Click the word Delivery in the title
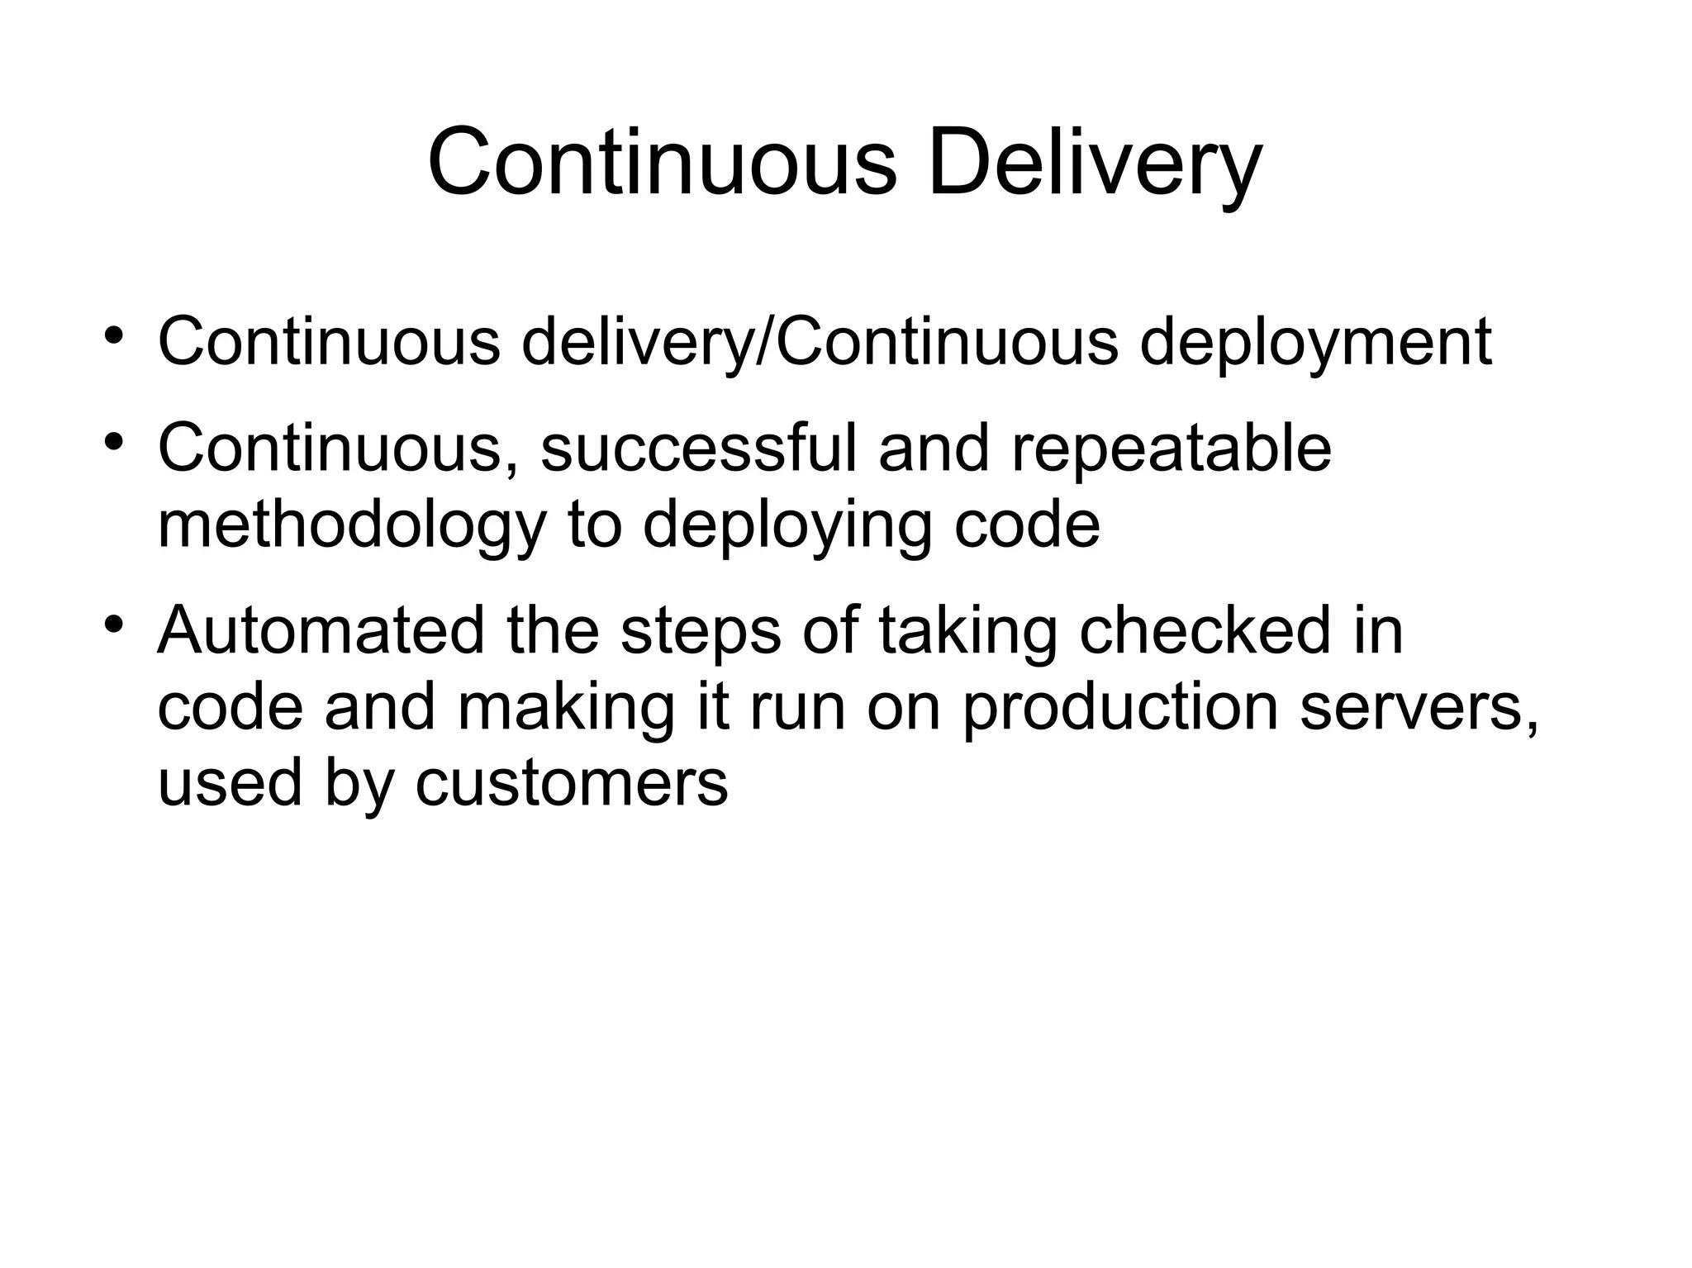pos(1095,163)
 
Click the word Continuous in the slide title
pos(662,163)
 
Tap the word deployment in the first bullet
pos(1315,343)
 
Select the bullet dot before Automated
pos(115,622)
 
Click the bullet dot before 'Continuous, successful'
pos(115,440)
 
